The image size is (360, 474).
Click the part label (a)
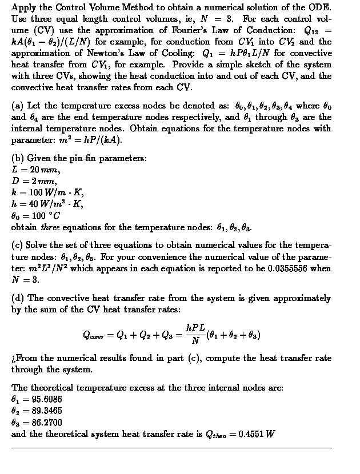point(18,106)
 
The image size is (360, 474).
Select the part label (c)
point(18,244)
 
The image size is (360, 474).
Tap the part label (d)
point(18,298)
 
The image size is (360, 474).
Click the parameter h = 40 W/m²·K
point(47,204)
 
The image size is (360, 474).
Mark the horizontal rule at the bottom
point(171,448)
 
